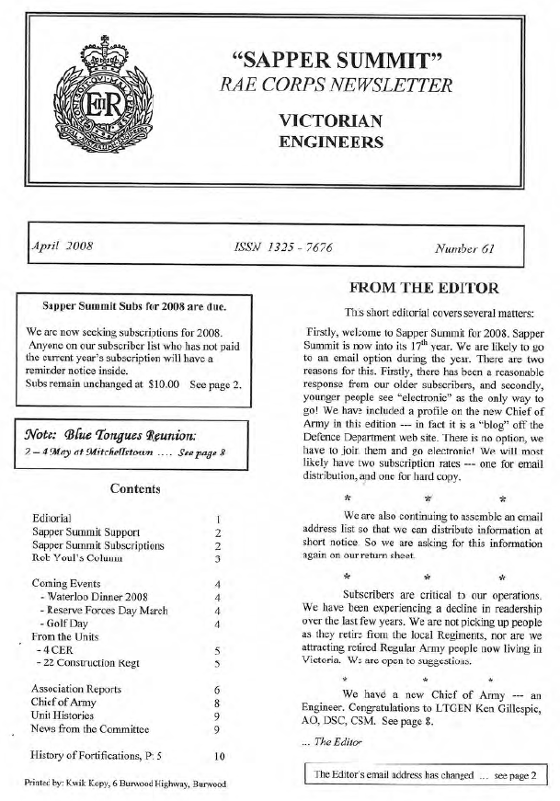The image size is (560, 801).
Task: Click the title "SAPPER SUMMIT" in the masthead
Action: click(340, 62)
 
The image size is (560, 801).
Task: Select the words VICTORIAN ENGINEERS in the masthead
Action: click(330, 132)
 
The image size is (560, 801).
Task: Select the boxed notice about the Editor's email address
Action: click(424, 775)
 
